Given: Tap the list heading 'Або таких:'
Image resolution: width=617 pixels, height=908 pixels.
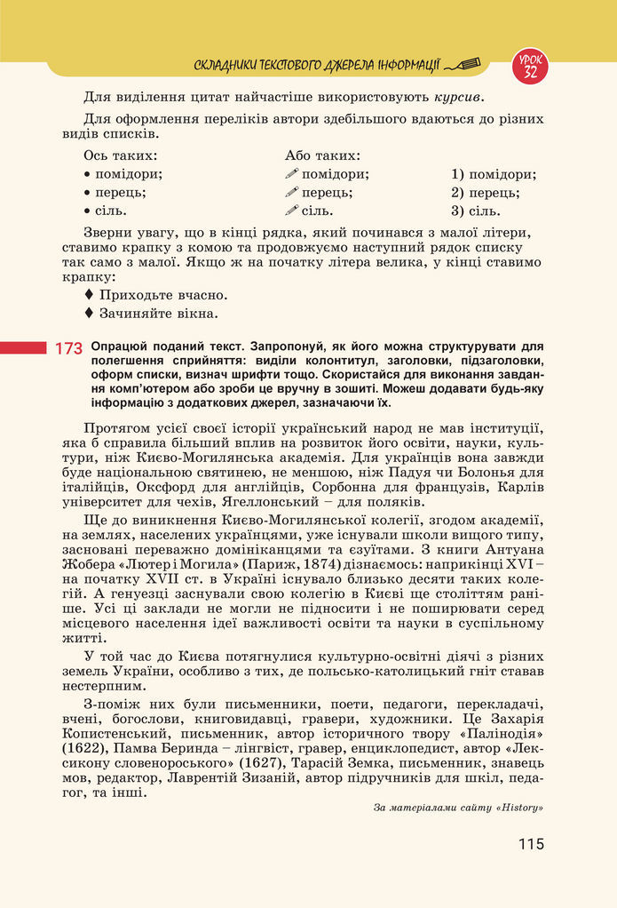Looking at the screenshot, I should [322, 155].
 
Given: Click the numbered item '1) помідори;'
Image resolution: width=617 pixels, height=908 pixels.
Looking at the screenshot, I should [493, 174].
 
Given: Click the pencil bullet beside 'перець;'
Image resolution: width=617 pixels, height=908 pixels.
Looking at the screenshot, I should [292, 193].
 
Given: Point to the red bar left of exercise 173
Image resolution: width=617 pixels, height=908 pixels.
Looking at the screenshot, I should [23, 347].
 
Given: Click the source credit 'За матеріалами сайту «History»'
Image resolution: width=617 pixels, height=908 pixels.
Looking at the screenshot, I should [458, 808].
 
